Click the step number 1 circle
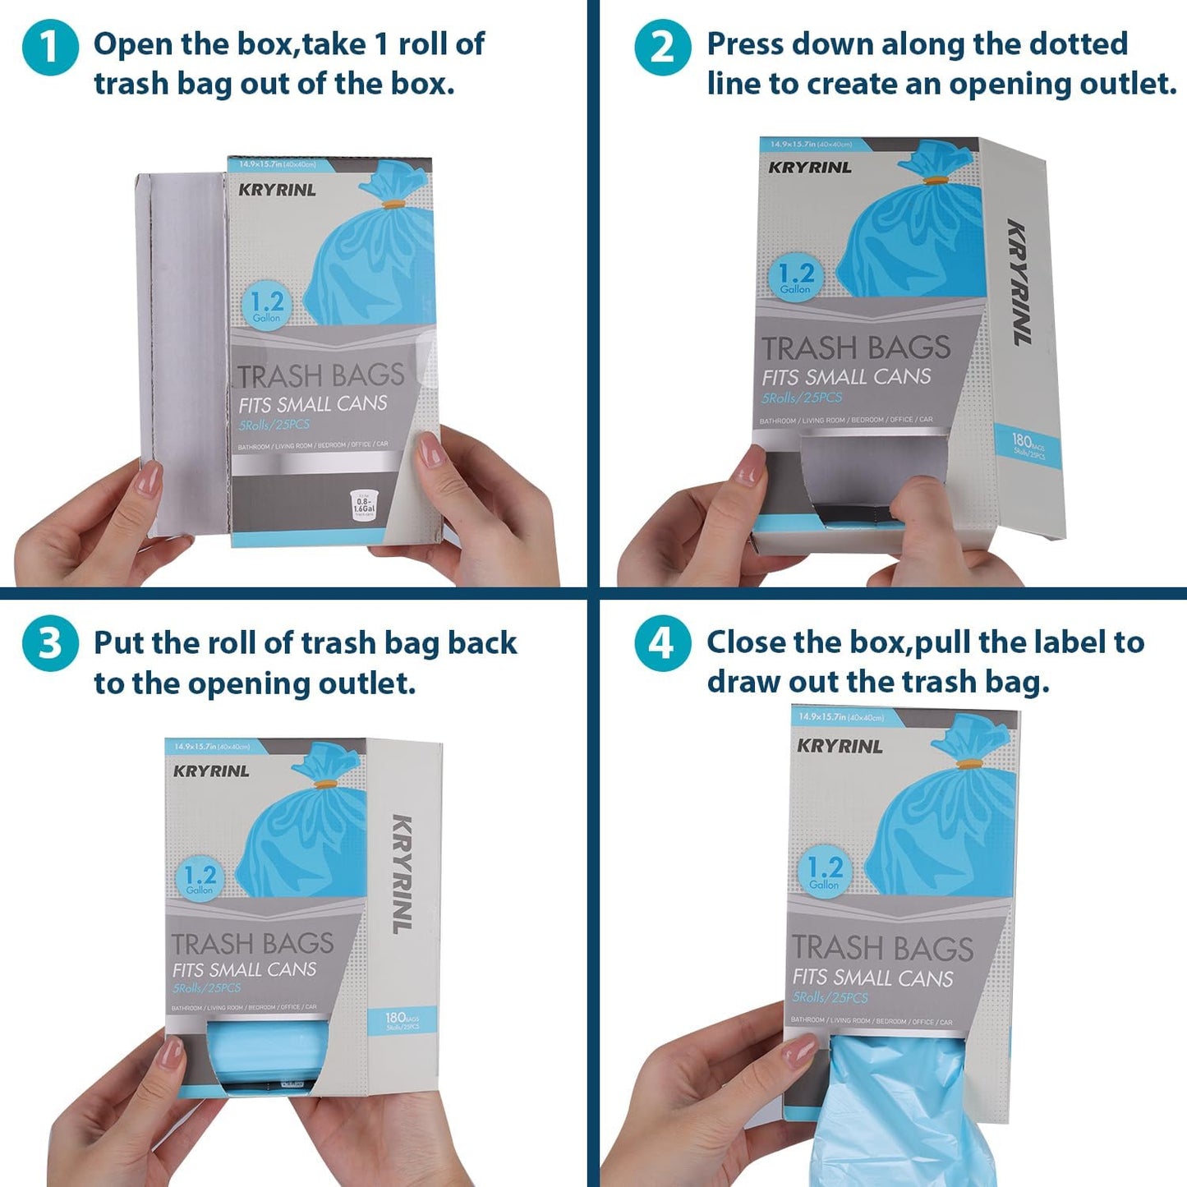pos(50,48)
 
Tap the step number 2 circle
pos(662,48)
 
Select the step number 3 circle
pos(50,643)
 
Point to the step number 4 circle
pos(662,643)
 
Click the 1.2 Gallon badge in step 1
pos(267,306)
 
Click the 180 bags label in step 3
pos(403,1021)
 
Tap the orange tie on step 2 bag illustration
pos(932,179)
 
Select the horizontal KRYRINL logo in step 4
pos(840,747)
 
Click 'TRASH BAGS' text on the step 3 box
pos(252,943)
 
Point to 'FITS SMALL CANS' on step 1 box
pos(313,404)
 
